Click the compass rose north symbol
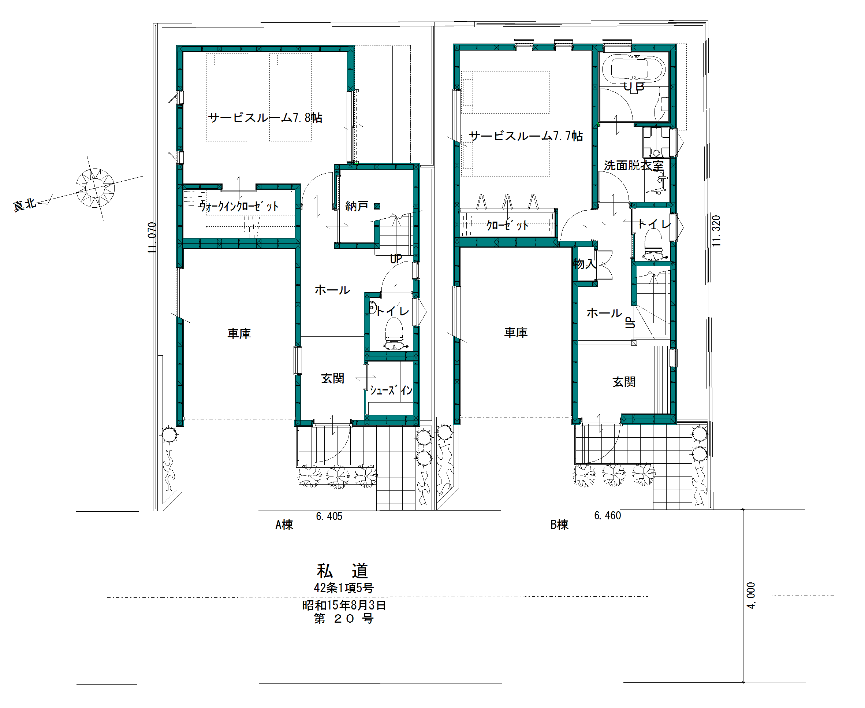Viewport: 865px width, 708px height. coord(95,188)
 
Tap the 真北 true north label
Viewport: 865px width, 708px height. coord(25,204)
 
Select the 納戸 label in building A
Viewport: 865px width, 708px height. coord(357,206)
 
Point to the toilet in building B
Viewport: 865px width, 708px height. coord(653,245)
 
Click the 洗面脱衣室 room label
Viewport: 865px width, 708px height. coord(634,165)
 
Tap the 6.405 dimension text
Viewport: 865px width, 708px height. coord(329,516)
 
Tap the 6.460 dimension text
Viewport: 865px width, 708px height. coord(607,515)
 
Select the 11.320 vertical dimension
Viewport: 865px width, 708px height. coord(716,230)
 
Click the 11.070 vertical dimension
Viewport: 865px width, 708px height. coord(152,237)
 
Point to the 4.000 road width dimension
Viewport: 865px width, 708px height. coord(751,596)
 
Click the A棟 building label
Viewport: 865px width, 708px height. coord(284,524)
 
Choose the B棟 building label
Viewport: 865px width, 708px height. coord(559,524)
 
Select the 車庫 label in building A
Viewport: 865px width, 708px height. coord(239,334)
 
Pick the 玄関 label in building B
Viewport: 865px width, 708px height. coord(624,382)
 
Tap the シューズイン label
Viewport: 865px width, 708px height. coord(391,390)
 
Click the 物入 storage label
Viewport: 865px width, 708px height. coord(585,264)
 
